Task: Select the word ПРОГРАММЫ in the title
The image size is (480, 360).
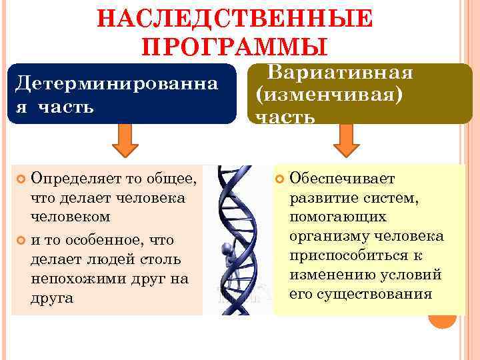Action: point(235,47)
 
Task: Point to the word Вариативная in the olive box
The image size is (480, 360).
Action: point(340,72)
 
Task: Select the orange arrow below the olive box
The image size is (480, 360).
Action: point(346,138)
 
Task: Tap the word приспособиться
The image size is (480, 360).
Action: point(343,256)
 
